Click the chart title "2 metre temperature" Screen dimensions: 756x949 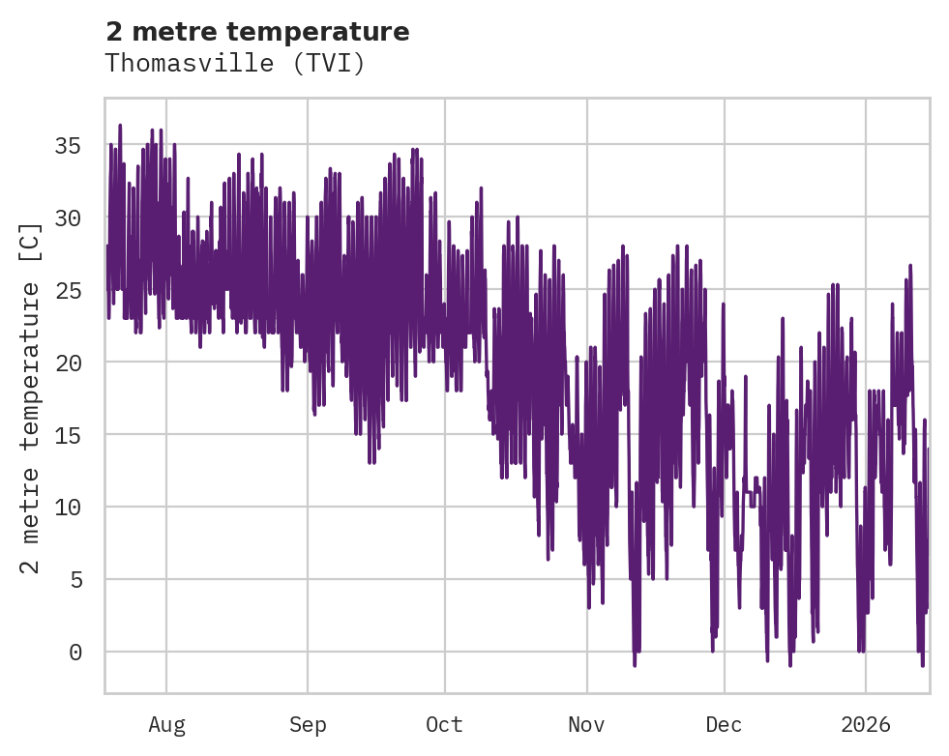point(257,32)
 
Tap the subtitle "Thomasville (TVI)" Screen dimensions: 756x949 point(235,63)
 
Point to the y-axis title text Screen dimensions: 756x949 point(31,398)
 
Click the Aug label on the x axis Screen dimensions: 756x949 point(166,725)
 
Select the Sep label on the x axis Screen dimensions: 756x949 point(308,725)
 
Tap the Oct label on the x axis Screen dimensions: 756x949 point(445,725)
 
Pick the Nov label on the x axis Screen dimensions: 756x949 point(586,725)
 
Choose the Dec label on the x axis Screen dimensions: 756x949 point(724,725)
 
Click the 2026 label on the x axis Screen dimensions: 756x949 point(865,725)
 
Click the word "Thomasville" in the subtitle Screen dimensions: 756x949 point(195,63)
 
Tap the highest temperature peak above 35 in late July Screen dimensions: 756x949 point(120,126)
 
